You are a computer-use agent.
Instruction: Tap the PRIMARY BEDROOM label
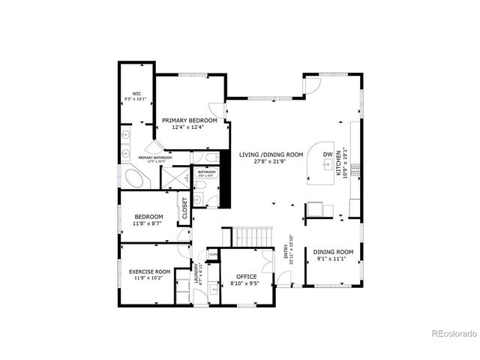coord(190,120)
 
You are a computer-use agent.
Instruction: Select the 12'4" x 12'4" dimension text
coord(190,127)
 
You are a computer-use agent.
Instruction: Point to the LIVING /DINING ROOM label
coord(271,154)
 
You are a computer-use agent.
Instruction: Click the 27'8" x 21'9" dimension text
coord(271,162)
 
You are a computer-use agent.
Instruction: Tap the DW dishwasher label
coord(328,154)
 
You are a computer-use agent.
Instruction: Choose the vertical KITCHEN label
coord(339,162)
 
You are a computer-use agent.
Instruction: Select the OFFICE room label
coord(241,277)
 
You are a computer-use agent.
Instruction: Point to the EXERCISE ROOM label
coord(150,271)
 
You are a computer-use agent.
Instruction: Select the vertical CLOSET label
coord(184,208)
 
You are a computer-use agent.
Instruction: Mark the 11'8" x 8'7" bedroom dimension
coord(148,223)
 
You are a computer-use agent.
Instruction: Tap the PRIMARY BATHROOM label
coord(155,157)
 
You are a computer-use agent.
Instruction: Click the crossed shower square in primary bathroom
coord(175,177)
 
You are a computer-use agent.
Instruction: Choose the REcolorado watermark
coord(451,334)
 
